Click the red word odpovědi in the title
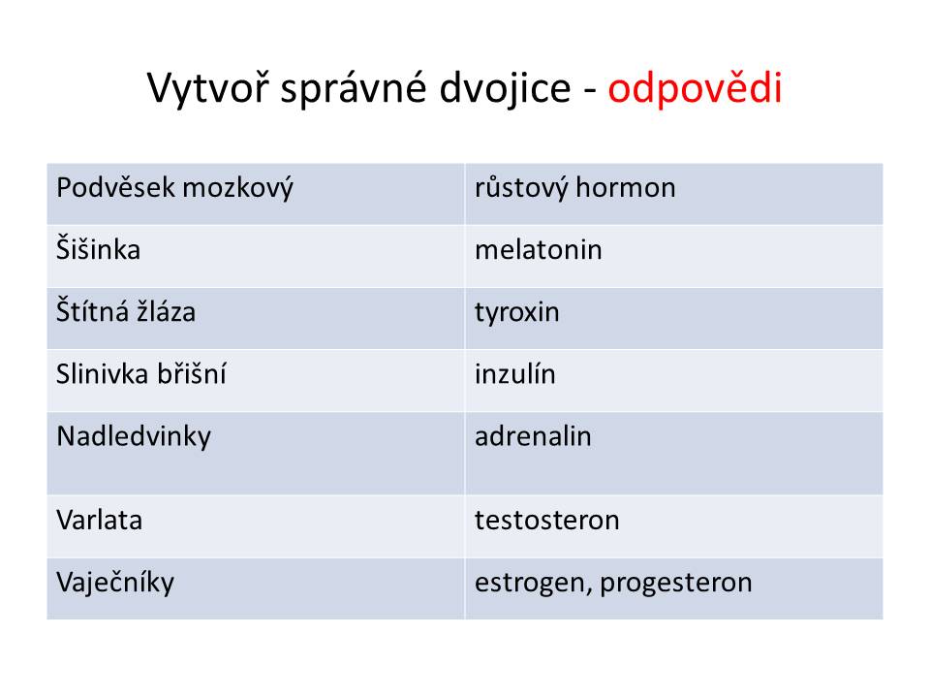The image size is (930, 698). [696, 89]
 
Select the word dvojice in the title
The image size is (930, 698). [506, 89]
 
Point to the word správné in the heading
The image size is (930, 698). [354, 89]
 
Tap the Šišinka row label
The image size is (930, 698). [99, 249]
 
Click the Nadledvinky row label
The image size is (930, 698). [134, 437]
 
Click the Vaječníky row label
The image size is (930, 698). [115, 583]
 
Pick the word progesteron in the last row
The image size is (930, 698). [676, 584]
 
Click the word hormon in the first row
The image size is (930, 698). [626, 187]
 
